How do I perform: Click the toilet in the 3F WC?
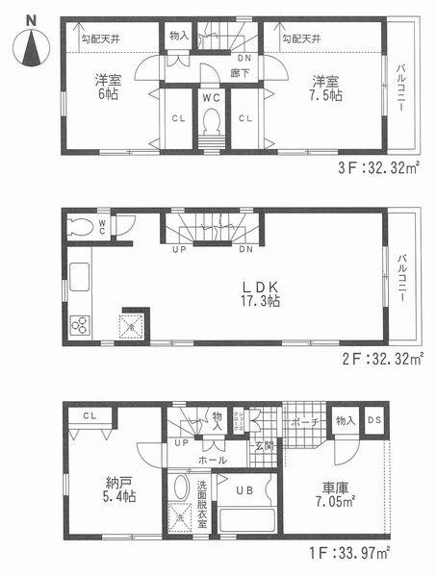(210, 122)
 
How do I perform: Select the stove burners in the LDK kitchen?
(80, 325)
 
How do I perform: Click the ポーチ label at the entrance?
(304, 421)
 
